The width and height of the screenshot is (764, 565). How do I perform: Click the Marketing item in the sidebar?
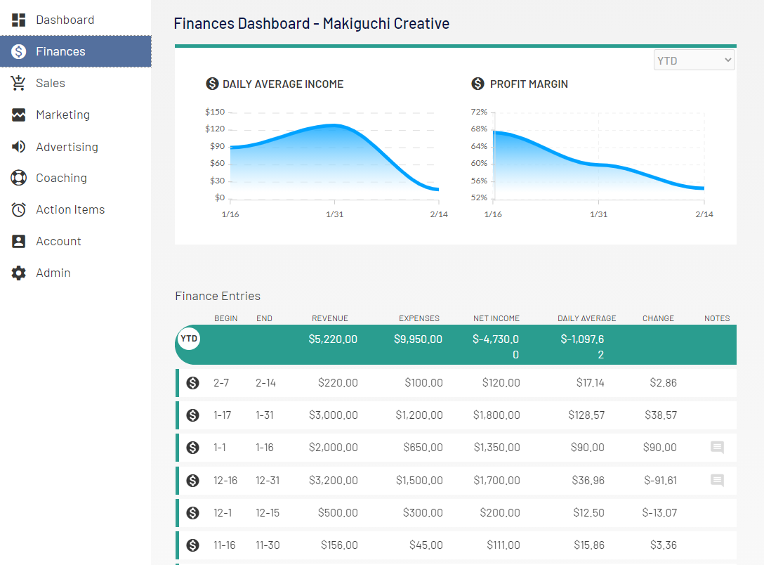pyautogui.click(x=62, y=115)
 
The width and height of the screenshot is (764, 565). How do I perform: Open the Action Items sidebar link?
pyautogui.click(x=70, y=209)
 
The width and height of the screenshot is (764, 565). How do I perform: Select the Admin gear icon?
pyautogui.click(x=19, y=273)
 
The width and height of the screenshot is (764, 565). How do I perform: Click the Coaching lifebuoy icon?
pyautogui.click(x=19, y=178)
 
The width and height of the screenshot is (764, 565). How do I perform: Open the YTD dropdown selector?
pyautogui.click(x=694, y=60)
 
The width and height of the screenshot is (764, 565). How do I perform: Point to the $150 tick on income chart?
pyautogui.click(x=215, y=112)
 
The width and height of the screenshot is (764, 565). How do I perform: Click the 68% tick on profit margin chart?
pyautogui.click(x=479, y=129)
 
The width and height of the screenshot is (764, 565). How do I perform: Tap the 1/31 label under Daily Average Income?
pyautogui.click(x=335, y=214)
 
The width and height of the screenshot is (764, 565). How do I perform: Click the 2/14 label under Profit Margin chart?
pyautogui.click(x=704, y=214)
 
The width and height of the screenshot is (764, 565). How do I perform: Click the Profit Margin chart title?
pyautogui.click(x=528, y=84)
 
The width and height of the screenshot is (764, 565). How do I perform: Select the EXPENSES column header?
pyautogui.click(x=419, y=318)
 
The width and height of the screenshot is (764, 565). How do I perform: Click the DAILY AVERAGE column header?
pyautogui.click(x=586, y=318)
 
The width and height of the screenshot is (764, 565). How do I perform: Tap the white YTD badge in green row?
pyautogui.click(x=189, y=339)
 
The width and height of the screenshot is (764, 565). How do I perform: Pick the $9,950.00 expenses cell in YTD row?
pyautogui.click(x=418, y=339)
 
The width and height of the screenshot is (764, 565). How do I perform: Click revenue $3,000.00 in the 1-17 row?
pyautogui.click(x=333, y=415)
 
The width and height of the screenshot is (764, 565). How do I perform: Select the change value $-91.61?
pyautogui.click(x=660, y=481)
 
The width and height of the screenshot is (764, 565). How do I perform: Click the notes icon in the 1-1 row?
pyautogui.click(x=717, y=448)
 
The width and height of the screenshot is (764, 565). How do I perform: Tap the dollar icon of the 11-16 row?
pyautogui.click(x=192, y=545)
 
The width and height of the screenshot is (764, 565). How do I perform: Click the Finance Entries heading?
pyautogui.click(x=218, y=296)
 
